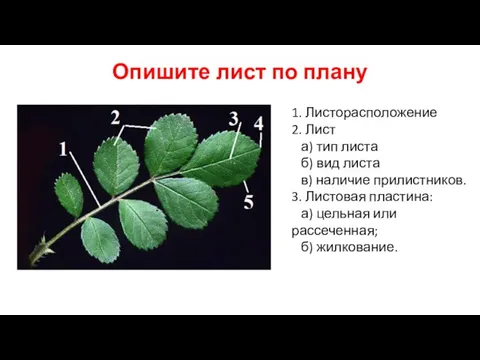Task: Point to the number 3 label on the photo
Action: coord(233,119)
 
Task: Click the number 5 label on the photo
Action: coord(248,203)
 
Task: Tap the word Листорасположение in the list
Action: coord(357,112)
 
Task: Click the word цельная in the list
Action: coord(351,214)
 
